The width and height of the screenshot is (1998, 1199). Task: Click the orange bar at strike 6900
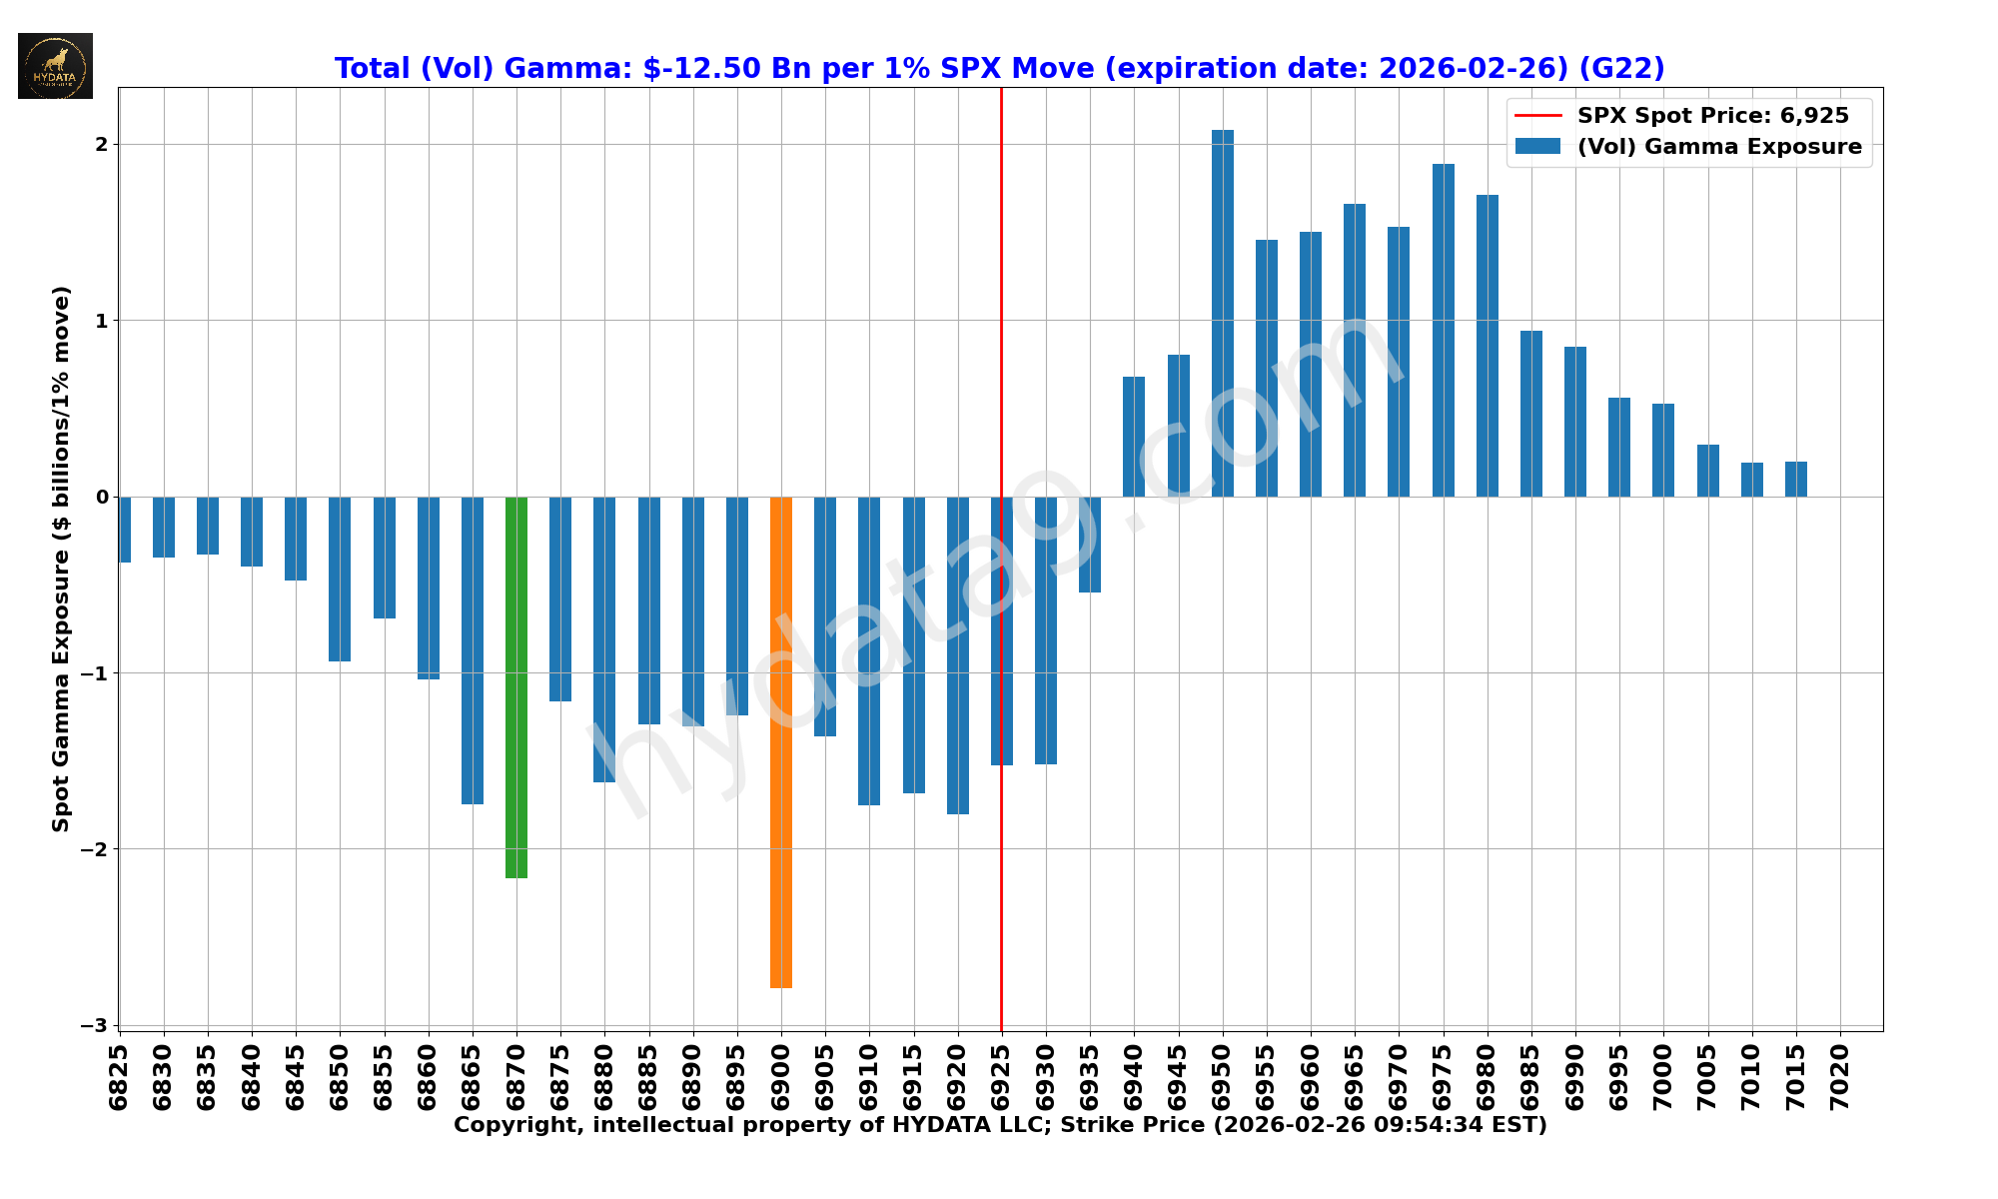point(781,741)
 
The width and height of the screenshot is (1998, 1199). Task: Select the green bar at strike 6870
point(516,687)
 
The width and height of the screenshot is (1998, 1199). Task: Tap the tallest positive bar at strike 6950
point(1223,313)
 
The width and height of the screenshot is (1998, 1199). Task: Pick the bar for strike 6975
point(1444,330)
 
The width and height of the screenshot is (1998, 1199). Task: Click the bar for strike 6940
point(1134,437)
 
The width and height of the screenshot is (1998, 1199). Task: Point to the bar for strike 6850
point(340,579)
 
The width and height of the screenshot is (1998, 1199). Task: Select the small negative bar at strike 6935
point(1090,545)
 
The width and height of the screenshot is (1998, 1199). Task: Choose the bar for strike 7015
point(1796,479)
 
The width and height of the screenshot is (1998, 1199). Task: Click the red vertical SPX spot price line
point(1002,300)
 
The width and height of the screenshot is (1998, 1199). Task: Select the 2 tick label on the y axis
point(101,145)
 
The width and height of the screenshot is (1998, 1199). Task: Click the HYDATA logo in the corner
point(55,66)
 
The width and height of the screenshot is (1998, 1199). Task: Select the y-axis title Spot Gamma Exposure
point(62,559)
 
